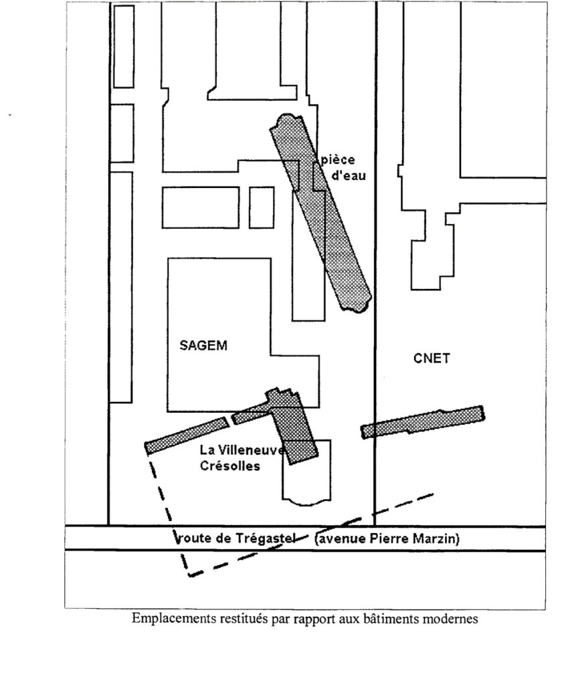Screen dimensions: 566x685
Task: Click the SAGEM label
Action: pyautogui.click(x=203, y=346)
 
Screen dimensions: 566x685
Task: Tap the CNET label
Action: pyautogui.click(x=432, y=359)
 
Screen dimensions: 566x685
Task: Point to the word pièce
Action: pyautogui.click(x=338, y=161)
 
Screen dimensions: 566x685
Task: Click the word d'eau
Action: pyautogui.click(x=349, y=176)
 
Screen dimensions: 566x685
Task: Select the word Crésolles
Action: pyautogui.click(x=230, y=466)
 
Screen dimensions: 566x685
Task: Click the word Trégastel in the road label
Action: pyautogui.click(x=266, y=538)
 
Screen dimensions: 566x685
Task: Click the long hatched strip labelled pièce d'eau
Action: pyautogui.click(x=321, y=214)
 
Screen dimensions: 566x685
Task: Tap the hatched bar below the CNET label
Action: pyautogui.click(x=423, y=422)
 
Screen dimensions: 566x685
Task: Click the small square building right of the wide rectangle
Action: pyautogui.click(x=262, y=207)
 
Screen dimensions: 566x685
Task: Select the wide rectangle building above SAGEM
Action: pyautogui.click(x=201, y=207)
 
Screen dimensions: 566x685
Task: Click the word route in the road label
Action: pyautogui.click(x=193, y=539)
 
